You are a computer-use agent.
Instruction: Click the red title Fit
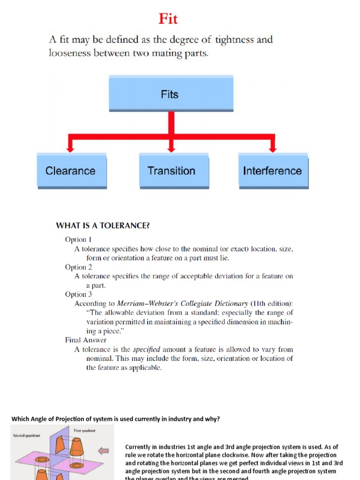[168, 19]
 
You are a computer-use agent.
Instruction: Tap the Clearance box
[70, 171]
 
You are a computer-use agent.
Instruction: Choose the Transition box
[171, 171]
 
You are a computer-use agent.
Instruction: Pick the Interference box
[272, 171]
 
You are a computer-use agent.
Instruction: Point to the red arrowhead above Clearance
[70, 148]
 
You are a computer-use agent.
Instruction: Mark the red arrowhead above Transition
[171, 148]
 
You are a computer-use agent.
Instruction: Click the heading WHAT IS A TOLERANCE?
[103, 225]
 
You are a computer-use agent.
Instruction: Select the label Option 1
[78, 240]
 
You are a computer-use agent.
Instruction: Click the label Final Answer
[86, 340]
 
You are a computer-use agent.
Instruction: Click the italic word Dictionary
[229, 303]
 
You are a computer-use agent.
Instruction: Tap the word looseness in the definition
[72, 53]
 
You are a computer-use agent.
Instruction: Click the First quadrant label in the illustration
[84, 430]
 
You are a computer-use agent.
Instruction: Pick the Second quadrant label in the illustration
[27, 435]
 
